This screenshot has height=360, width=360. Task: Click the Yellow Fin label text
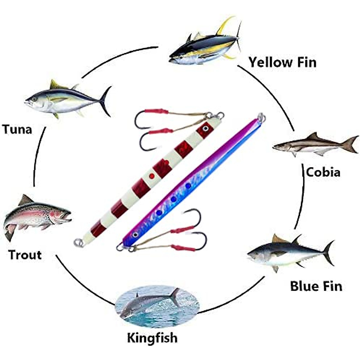tap(282, 62)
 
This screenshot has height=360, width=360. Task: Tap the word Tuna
tap(17, 129)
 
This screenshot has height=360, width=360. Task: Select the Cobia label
tap(323, 172)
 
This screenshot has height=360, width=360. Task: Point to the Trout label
tap(25, 255)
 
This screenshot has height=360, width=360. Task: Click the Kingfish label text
tap(152, 338)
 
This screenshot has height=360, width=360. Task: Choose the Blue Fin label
tap(316, 286)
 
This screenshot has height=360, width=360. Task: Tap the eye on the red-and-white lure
tap(205, 128)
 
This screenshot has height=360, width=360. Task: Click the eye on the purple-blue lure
tap(136, 234)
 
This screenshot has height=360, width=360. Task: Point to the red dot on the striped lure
tap(152, 176)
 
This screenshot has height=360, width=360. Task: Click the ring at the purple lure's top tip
tap(261, 116)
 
